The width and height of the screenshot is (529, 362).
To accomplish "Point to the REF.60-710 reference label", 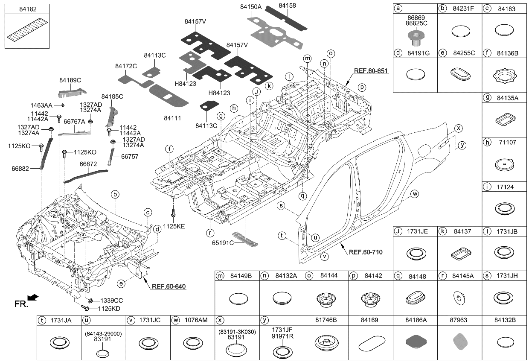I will [x=366, y=252].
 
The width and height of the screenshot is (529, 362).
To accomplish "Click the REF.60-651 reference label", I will [x=371, y=71].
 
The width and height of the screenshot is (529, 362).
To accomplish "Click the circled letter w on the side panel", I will [x=414, y=194].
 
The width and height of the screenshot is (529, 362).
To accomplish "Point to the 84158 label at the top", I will [x=287, y=6].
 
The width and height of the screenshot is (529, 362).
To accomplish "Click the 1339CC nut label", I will [x=111, y=301].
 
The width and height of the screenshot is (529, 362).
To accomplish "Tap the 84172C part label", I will [x=126, y=66].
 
